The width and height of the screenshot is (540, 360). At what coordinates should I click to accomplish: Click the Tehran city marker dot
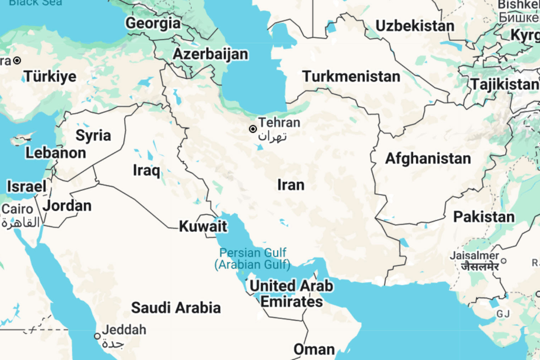(253, 129)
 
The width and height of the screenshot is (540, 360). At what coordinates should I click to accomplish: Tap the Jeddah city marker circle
(97, 336)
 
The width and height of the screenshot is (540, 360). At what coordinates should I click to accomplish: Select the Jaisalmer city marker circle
(504, 261)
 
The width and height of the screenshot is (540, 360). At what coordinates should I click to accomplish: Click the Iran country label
(291, 185)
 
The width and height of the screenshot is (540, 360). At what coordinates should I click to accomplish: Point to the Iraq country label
(146, 170)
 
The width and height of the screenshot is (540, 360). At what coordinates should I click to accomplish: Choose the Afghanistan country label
(428, 158)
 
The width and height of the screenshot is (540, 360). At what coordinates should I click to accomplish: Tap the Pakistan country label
(484, 217)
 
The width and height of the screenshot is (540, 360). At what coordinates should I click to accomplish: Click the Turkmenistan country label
(351, 76)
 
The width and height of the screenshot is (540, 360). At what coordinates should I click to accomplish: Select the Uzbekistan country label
(414, 26)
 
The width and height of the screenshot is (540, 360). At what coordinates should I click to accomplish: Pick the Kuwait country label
(203, 226)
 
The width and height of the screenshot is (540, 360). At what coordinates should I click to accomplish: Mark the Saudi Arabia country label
(176, 307)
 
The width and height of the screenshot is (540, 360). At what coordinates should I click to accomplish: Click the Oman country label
(314, 350)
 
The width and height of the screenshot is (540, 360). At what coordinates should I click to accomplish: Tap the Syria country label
(93, 135)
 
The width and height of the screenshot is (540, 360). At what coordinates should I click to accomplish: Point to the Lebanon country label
(55, 153)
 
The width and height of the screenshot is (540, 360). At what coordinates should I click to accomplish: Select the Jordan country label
(67, 206)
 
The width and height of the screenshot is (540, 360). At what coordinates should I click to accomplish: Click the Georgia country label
(153, 23)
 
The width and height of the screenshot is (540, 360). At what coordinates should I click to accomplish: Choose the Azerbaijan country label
(210, 54)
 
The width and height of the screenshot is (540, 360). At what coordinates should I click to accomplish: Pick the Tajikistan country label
(504, 84)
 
